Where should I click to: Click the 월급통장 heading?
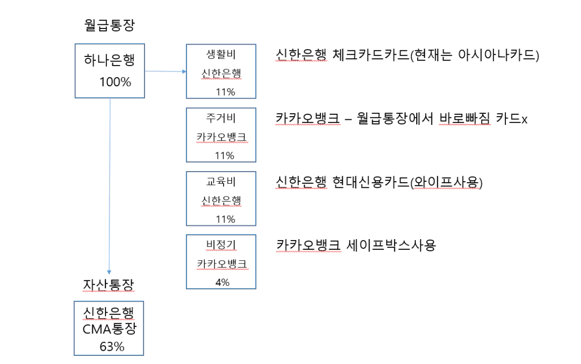tap(110, 25)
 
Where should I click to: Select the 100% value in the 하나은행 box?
tap(115, 82)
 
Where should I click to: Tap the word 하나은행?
tap(110, 60)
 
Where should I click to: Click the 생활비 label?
tap(221, 54)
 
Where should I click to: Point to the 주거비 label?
tap(221, 118)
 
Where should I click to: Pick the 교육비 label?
tap(221, 181)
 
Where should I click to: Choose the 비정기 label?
tap(221, 245)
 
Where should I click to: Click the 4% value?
tap(223, 282)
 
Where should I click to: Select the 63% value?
tap(112, 347)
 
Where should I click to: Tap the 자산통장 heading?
tap(108, 285)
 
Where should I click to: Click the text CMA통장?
tap(110, 329)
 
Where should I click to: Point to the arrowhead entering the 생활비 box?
tap(184, 72)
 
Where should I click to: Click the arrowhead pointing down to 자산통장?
tap(109, 272)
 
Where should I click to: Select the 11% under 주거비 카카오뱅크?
tap(225, 155)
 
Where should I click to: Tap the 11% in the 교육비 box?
tap(225, 219)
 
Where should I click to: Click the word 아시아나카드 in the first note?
tap(496, 55)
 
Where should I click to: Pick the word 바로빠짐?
tap(465, 119)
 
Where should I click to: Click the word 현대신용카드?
tap(371, 182)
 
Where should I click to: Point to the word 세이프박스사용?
tap(391, 245)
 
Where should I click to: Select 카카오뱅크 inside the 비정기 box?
tap(222, 264)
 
